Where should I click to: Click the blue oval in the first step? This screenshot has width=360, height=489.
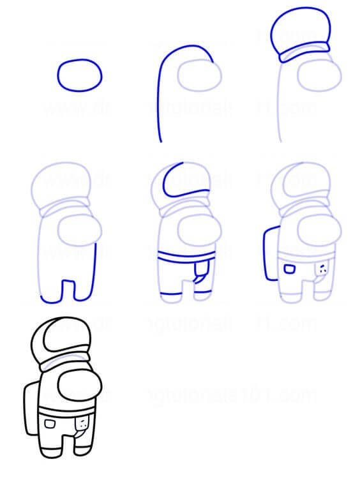pos(80,75)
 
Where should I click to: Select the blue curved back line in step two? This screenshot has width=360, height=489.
pos(160,96)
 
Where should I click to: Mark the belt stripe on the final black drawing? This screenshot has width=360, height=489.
pos(67,410)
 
